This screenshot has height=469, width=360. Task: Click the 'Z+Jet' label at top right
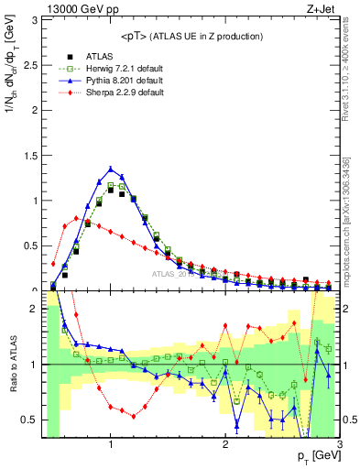pos(323,9)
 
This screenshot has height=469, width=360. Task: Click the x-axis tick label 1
pos(110,445)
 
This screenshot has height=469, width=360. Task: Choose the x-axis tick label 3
pos(339,445)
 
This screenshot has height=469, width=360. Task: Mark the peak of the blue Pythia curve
pos(110,169)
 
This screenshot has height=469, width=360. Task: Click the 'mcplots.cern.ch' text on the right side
pos(351,247)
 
